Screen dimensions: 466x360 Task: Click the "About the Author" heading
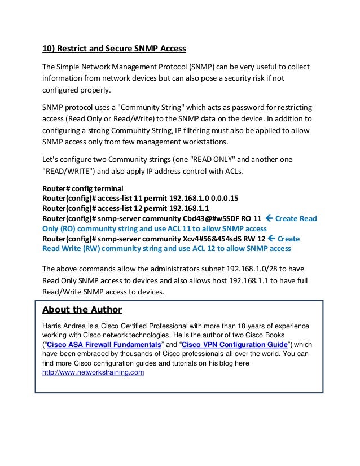[82, 310]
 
